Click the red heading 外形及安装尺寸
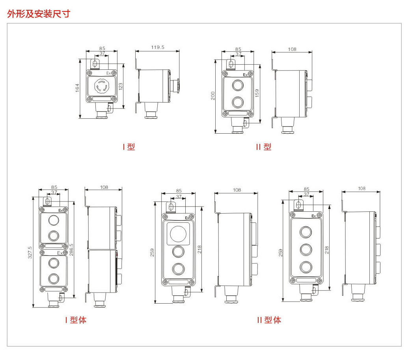click(x=39, y=14)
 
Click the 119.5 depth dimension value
click(x=158, y=47)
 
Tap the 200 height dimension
click(x=213, y=95)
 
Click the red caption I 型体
click(x=76, y=320)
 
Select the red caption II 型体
click(x=269, y=320)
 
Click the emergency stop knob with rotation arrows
click(x=102, y=86)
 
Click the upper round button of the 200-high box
click(x=237, y=85)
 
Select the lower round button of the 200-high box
click(x=237, y=103)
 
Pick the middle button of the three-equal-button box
click(x=306, y=249)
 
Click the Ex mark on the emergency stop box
click(x=109, y=73)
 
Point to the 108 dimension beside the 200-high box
click(x=292, y=49)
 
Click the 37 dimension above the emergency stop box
click(x=102, y=54)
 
